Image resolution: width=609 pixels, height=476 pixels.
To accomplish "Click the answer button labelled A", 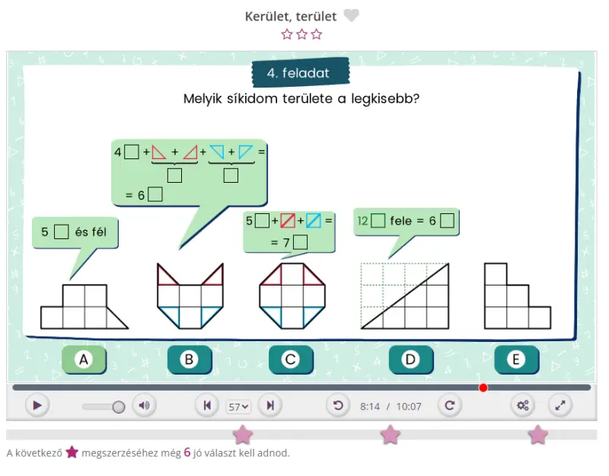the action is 84,359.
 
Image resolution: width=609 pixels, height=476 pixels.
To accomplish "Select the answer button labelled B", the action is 190,359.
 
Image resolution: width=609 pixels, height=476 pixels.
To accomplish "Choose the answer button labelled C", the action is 291,359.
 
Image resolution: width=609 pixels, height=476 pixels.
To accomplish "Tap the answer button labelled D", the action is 411,359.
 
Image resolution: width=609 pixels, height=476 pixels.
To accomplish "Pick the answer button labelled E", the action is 517,359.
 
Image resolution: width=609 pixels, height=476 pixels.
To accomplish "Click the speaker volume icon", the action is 144,406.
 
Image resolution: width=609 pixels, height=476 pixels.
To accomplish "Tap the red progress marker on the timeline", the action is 483,388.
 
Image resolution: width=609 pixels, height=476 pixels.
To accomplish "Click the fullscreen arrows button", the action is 560,406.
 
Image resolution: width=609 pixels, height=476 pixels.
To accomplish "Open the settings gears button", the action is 523,406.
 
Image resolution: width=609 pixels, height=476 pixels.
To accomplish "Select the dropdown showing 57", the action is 238,407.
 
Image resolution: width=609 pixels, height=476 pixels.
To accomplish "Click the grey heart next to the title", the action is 352,15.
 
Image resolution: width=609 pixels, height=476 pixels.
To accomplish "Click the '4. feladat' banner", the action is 300,72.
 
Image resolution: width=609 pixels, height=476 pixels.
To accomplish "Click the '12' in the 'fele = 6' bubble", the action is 362,221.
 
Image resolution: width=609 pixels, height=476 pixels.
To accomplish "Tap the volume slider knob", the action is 119,407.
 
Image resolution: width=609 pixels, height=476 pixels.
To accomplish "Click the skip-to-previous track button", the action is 207,406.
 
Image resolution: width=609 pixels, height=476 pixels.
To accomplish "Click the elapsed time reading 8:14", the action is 370,407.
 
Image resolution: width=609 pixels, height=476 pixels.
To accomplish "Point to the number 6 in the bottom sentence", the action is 187,452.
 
